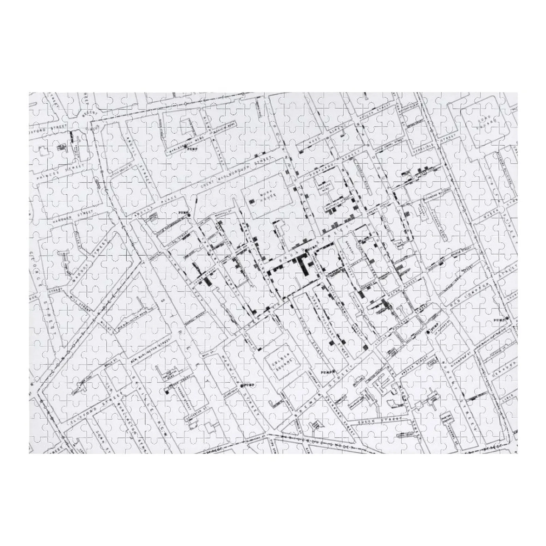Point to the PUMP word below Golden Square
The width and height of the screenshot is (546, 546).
click(x=327, y=371)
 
